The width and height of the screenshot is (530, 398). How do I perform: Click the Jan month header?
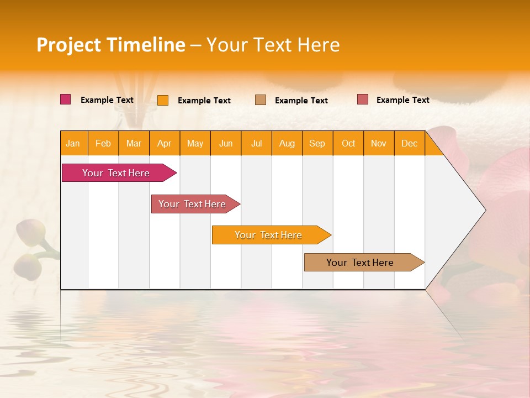pos(73,143)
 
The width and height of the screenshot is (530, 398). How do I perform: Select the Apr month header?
pos(164,143)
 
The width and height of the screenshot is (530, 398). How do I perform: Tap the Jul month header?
pos(256,143)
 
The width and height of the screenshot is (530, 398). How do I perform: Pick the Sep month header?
pos(317,143)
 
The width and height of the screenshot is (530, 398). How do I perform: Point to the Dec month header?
pos(409,143)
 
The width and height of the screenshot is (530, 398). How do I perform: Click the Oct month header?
pos(348,143)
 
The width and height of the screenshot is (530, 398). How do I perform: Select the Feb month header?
pos(103,143)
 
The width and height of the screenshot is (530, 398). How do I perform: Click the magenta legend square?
pos(65,99)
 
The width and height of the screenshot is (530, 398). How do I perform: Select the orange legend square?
pos(163,100)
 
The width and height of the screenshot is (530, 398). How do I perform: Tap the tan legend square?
pos(261,99)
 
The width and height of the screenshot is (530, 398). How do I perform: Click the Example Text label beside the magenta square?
pos(107,100)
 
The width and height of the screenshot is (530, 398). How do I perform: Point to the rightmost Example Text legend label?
pos(402,100)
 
